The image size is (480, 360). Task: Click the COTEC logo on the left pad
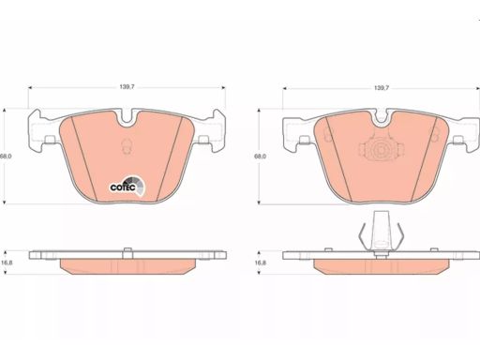click(127, 186)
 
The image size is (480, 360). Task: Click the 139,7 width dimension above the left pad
click(127, 87)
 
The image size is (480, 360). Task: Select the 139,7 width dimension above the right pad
click(382, 88)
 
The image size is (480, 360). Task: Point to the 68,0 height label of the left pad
click(6, 156)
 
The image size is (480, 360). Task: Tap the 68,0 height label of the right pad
click(260, 157)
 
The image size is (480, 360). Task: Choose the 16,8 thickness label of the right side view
click(260, 262)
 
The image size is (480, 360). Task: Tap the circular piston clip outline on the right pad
click(381, 149)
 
